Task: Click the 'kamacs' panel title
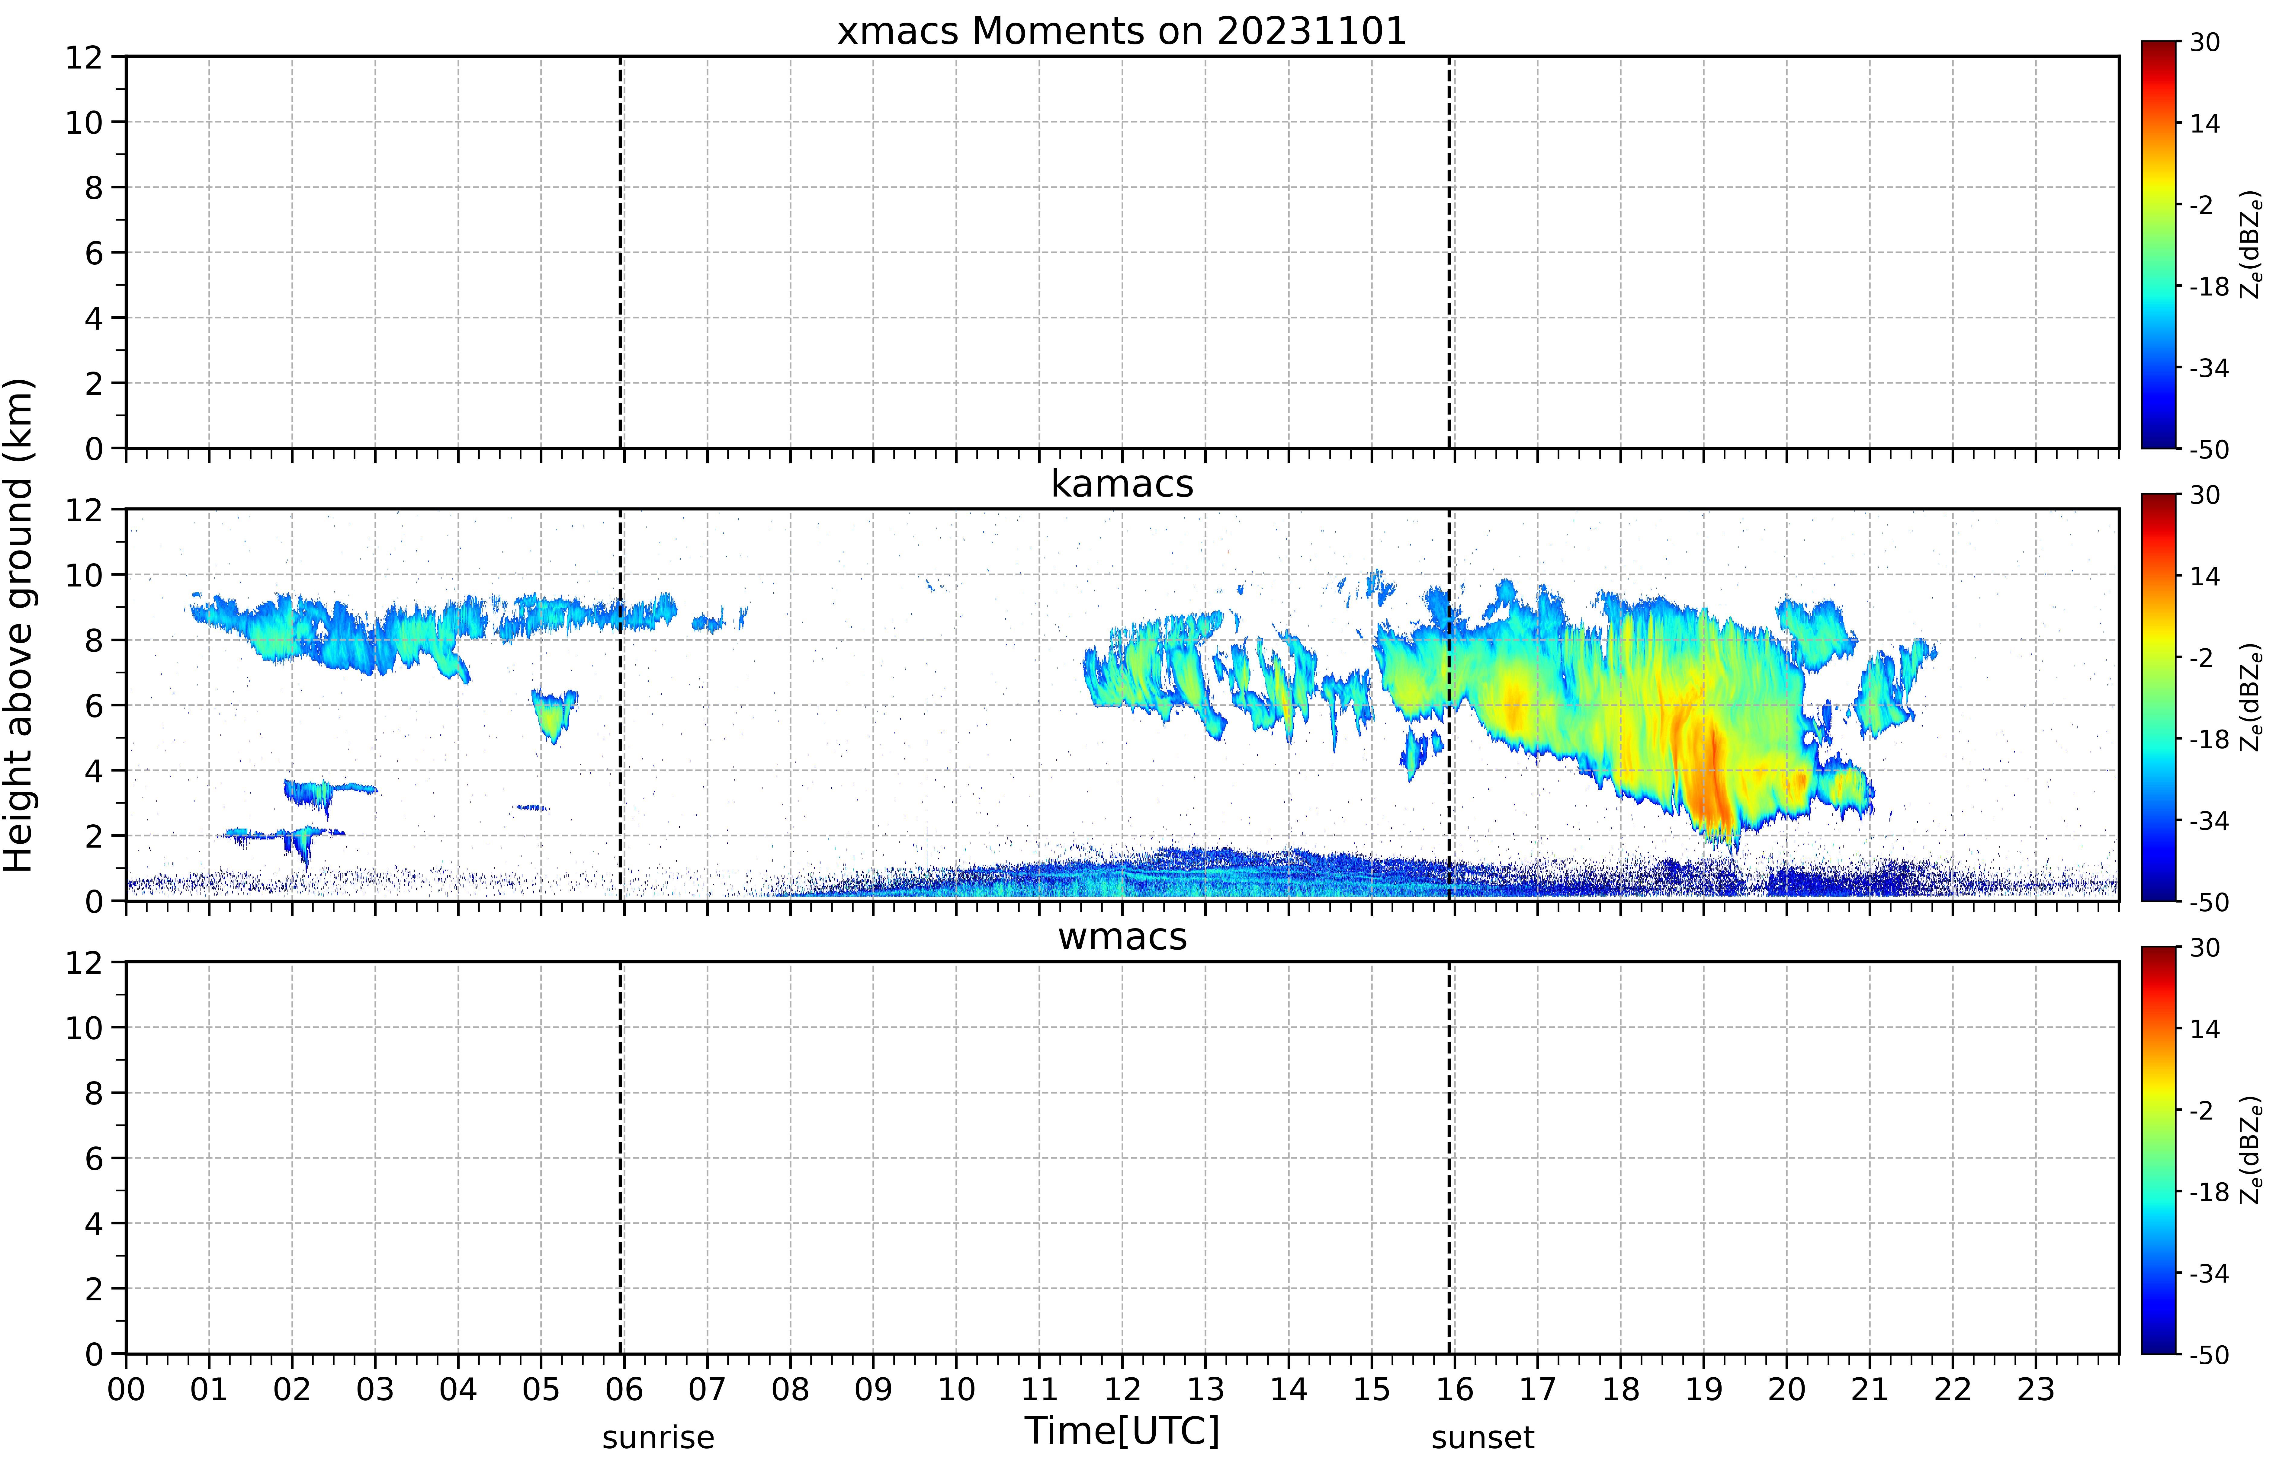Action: (x=1122, y=484)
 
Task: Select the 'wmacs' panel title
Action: (x=1122, y=936)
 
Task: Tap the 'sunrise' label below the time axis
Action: (x=658, y=1436)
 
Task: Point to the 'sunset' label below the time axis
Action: (x=1483, y=1436)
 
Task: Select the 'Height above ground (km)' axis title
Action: (x=19, y=625)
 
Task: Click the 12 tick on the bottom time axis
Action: (x=1122, y=1389)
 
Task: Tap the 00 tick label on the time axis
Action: (x=126, y=1389)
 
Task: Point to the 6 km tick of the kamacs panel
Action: (x=94, y=705)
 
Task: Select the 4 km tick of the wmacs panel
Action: (x=94, y=1224)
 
